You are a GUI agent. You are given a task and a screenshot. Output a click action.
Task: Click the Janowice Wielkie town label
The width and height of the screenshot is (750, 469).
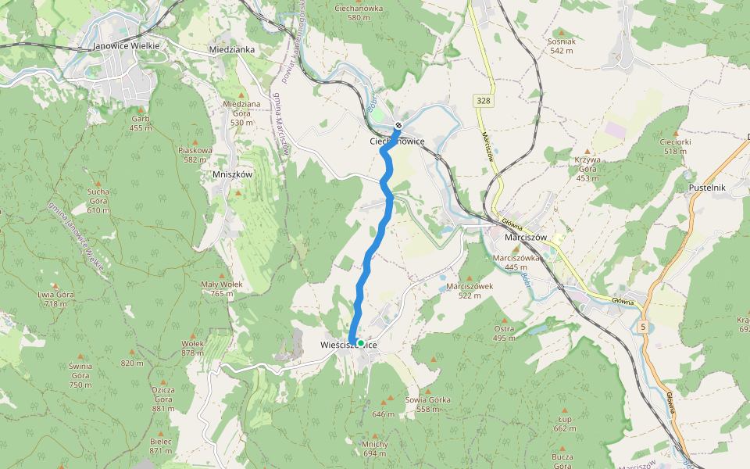126,46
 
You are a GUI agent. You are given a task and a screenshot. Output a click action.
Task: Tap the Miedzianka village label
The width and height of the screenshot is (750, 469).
232,49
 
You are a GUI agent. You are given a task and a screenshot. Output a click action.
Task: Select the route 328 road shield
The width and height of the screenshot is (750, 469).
482,101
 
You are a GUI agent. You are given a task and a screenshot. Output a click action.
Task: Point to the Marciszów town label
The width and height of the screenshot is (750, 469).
524,237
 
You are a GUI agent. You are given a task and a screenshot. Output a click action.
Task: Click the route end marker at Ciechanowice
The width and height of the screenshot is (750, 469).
398,125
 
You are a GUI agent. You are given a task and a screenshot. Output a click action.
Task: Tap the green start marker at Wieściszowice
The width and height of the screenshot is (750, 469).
360,342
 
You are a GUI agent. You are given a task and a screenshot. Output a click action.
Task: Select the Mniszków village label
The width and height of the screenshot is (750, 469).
233,174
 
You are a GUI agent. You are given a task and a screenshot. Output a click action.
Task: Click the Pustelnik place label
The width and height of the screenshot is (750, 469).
708,188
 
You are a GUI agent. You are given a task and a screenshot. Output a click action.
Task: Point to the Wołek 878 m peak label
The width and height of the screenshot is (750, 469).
192,348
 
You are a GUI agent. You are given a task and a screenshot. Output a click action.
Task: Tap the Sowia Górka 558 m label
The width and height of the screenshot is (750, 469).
428,404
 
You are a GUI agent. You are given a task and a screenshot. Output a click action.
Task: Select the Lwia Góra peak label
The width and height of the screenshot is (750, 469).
55,299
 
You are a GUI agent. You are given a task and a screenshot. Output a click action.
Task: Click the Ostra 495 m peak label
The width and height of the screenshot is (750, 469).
504,333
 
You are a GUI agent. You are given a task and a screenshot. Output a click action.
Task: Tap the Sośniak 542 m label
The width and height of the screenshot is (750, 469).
562,45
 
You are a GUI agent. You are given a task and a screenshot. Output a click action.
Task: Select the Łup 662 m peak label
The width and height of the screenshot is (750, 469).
565,423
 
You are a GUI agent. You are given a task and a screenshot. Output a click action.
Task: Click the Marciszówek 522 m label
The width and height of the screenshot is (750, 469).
470,291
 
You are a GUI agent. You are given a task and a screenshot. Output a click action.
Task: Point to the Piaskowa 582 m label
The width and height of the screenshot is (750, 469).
195,154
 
